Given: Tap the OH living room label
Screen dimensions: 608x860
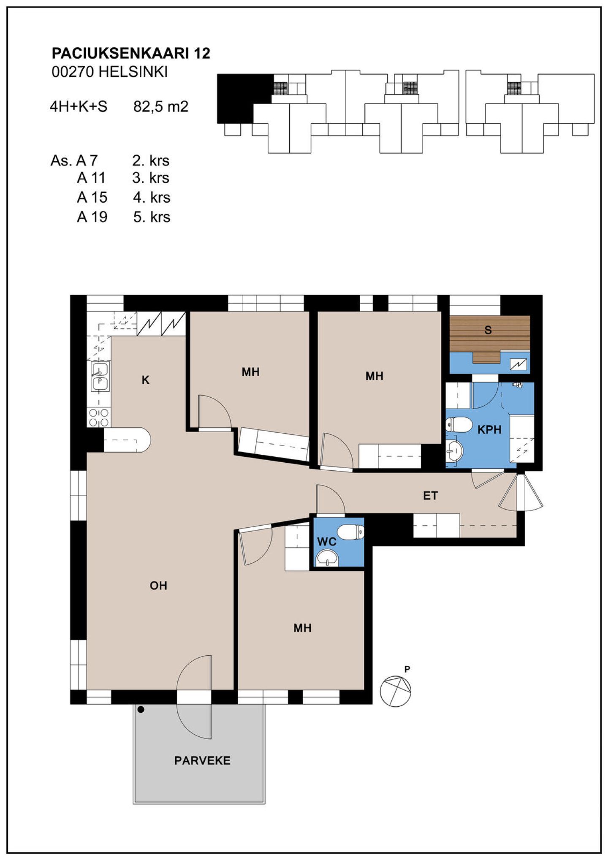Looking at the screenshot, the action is [x=158, y=585].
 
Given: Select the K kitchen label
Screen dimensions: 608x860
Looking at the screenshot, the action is [x=146, y=380].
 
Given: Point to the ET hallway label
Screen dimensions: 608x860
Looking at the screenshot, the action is [x=430, y=495].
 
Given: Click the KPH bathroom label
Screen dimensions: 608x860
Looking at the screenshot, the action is [x=489, y=430].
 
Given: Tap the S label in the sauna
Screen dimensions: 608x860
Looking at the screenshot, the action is [x=488, y=330].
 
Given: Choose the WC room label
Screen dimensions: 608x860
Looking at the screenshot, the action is [x=327, y=542].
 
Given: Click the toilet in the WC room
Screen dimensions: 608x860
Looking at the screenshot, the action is [x=350, y=532].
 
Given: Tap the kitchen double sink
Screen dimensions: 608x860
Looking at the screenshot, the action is [x=100, y=377].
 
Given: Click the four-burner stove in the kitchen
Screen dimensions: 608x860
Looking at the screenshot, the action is [x=99, y=417].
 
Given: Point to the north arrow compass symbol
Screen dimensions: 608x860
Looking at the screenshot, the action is [x=395, y=691].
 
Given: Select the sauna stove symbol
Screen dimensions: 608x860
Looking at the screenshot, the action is [x=518, y=364].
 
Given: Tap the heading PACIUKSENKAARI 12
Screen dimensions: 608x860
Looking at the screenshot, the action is [x=131, y=53].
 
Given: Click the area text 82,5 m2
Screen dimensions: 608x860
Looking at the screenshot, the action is [x=160, y=106].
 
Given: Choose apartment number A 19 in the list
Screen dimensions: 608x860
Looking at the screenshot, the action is [x=92, y=217].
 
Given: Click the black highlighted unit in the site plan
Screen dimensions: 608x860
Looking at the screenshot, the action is [x=245, y=98].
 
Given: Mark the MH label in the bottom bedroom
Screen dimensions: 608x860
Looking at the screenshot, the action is [x=302, y=628].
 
